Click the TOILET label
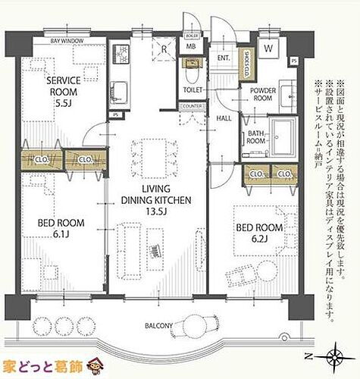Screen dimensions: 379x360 [193, 89]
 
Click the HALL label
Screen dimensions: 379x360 [224, 119]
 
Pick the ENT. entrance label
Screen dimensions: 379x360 [224, 57]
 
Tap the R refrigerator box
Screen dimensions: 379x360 [164, 52]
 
